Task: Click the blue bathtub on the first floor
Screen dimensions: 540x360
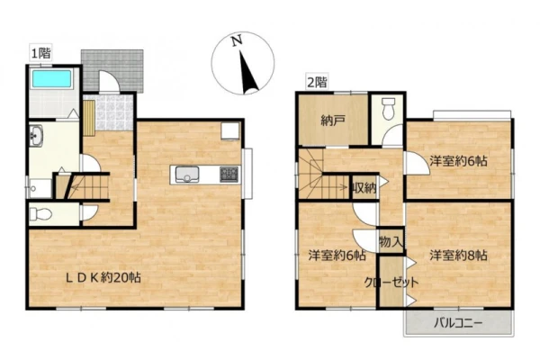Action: tap(51, 78)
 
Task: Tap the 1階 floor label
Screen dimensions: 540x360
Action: tap(41, 53)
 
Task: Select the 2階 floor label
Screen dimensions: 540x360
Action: tap(317, 82)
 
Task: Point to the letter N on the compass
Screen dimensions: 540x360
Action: tap(236, 41)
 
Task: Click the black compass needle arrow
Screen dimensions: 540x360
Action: tap(249, 73)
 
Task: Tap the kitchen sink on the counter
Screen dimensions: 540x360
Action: tap(187, 175)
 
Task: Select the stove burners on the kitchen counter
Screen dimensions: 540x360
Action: tap(229, 175)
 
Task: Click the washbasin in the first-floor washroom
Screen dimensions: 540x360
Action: tap(36, 136)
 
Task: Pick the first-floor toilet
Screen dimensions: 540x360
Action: tap(40, 214)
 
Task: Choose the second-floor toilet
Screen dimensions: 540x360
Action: tap(389, 109)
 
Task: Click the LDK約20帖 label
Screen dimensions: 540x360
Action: tap(103, 278)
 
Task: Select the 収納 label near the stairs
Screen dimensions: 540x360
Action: tap(364, 188)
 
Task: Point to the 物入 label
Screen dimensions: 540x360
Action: tap(391, 241)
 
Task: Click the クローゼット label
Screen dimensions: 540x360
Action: tap(391, 283)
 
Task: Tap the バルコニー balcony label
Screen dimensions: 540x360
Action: tap(458, 323)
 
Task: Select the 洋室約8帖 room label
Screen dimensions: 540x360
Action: tap(458, 256)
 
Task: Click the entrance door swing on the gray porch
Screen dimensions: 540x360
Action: tap(109, 82)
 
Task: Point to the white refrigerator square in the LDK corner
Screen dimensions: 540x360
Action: tap(230, 131)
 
